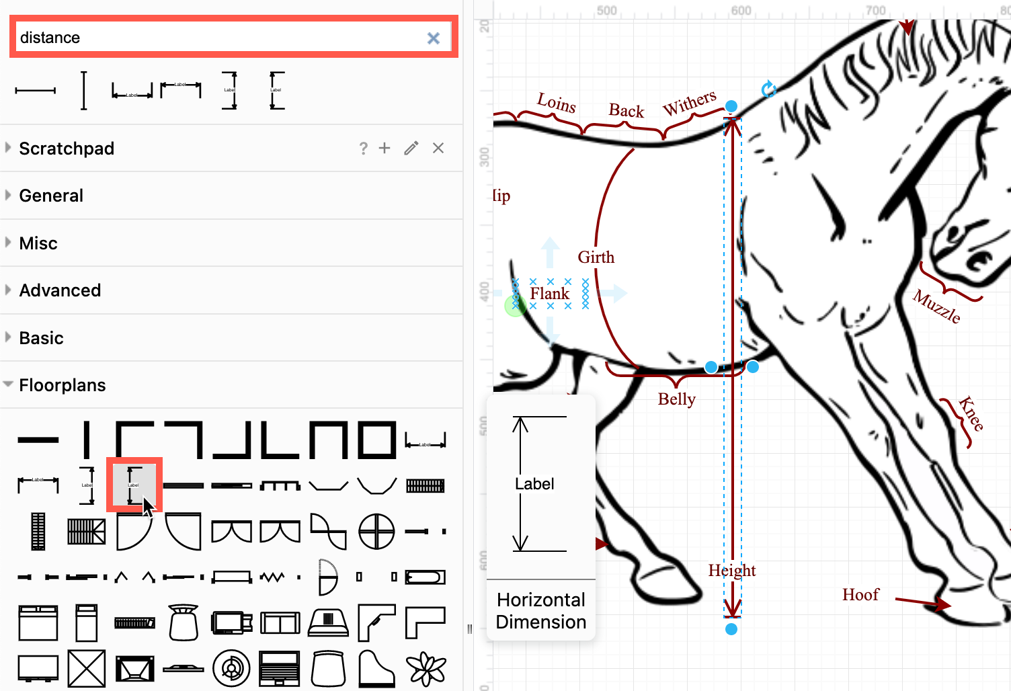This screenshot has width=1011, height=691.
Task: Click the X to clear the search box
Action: [434, 38]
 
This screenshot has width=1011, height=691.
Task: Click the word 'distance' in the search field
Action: [50, 38]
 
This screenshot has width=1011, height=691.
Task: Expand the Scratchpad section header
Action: [67, 149]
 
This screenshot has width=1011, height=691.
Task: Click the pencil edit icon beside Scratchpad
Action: [411, 149]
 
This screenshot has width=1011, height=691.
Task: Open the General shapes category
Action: [51, 196]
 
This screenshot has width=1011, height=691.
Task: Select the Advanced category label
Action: [60, 290]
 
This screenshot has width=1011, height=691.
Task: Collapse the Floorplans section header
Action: [62, 385]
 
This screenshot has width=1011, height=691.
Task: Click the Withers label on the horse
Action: [690, 103]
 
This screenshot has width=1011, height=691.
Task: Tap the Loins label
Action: [557, 103]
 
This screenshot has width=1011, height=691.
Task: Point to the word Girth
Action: [596, 257]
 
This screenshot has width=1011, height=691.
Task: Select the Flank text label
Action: [549, 294]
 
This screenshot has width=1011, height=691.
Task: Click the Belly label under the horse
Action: [677, 399]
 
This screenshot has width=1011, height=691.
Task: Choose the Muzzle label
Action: [936, 306]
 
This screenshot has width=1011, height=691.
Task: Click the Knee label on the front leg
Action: [971, 413]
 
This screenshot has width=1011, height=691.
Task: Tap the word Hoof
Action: [860, 595]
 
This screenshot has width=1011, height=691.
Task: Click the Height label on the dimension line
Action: [732, 571]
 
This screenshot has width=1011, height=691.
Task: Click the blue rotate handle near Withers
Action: [768, 89]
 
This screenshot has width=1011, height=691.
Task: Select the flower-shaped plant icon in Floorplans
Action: [426, 669]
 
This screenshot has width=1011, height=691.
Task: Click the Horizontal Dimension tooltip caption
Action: [541, 610]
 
